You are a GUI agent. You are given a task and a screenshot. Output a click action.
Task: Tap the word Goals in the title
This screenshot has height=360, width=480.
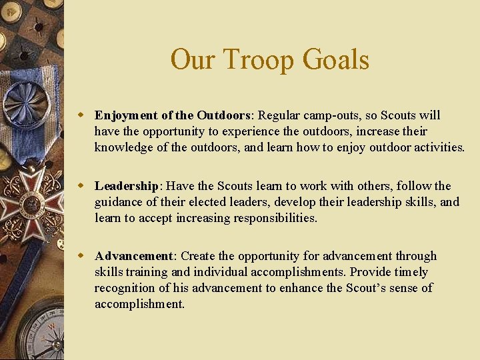coord(335,59)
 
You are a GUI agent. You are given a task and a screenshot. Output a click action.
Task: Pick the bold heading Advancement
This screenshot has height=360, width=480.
coord(133,256)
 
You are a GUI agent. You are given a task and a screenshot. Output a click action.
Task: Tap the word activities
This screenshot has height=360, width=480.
coord(439,147)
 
